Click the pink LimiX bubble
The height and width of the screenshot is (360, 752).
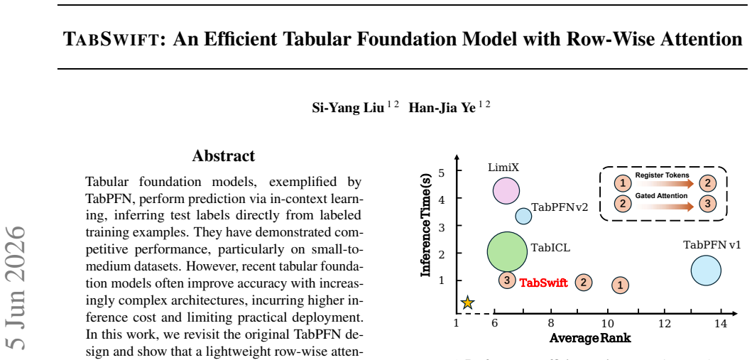(x=506, y=190)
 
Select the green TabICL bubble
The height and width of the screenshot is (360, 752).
(x=507, y=251)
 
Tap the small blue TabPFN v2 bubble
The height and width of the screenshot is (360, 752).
(x=524, y=216)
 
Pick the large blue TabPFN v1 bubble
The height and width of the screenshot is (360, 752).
(x=706, y=271)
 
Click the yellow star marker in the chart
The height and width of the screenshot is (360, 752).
(x=467, y=303)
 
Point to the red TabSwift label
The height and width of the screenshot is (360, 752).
(x=544, y=283)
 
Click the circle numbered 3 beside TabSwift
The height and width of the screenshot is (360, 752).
(x=507, y=280)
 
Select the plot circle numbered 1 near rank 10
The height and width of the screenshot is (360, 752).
(x=620, y=285)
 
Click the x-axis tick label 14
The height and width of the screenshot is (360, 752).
(x=721, y=324)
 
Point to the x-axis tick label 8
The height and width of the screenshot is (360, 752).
(x=551, y=324)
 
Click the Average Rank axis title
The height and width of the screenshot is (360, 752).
(x=590, y=338)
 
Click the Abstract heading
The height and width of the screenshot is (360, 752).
(x=224, y=156)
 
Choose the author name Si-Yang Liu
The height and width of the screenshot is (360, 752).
(x=348, y=107)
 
